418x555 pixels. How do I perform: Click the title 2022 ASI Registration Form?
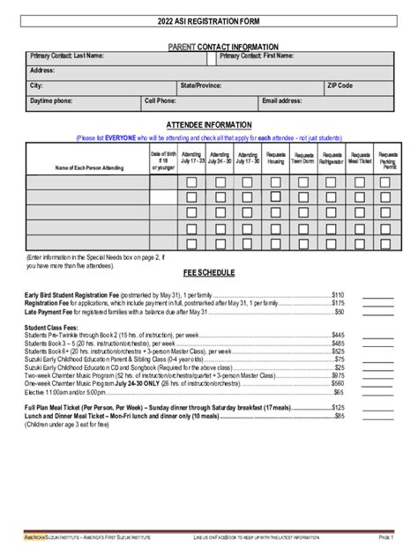[209, 20]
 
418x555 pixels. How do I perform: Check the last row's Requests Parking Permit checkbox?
[386, 242]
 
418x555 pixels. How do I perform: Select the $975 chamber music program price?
[337, 375]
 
